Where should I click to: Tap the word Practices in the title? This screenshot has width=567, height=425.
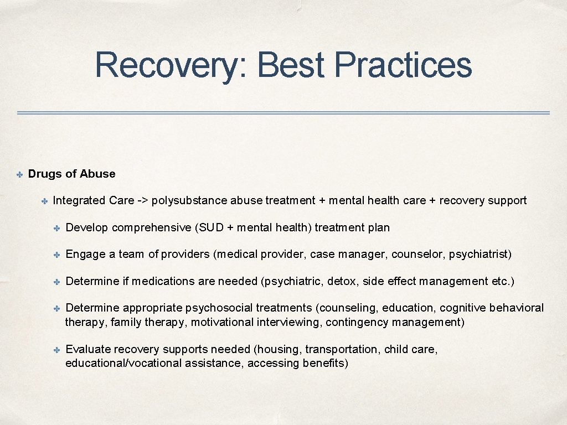403,65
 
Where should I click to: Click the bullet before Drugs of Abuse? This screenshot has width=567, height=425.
18,175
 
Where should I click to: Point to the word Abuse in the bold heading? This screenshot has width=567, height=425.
97,174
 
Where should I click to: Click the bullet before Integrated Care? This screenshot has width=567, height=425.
44,201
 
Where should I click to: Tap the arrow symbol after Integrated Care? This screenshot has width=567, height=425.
143,200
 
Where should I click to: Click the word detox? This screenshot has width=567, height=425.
342,281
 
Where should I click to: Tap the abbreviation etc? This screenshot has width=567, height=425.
503,281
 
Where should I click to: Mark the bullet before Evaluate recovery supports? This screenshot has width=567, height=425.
57,350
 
